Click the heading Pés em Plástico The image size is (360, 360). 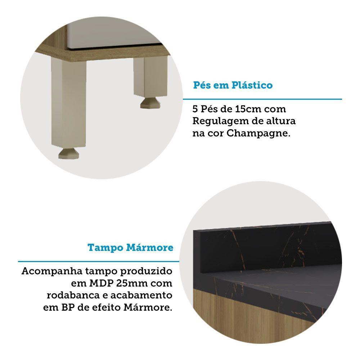(x=233, y=85)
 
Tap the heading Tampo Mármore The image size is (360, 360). (x=130, y=248)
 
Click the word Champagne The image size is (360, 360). (x=258, y=134)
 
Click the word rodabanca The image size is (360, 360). (x=73, y=295)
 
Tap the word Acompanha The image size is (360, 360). (x=52, y=271)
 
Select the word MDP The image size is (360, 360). (x=101, y=283)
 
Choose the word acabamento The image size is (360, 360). (x=141, y=295)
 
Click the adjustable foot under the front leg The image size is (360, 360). (x=69, y=153)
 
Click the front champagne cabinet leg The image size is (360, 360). (x=69, y=102)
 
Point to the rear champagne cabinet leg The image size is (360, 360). (x=150, y=77)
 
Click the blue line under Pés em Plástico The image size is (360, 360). (x=262, y=99)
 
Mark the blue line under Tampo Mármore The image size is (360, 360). (x=99, y=261)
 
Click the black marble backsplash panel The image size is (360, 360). (x=266, y=248)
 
